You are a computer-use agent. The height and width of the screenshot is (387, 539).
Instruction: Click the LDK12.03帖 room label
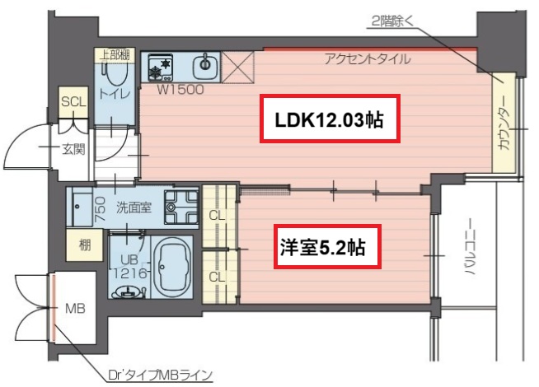tap(330, 119)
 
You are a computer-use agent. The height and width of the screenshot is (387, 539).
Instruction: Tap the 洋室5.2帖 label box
tap(326, 245)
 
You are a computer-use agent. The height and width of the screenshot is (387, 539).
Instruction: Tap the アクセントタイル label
tap(368, 58)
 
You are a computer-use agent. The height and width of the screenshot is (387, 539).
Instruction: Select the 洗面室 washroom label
tap(133, 207)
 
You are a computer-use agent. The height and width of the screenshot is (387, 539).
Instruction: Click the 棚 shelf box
tap(85, 245)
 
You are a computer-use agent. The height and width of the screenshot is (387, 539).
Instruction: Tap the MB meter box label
tap(74, 310)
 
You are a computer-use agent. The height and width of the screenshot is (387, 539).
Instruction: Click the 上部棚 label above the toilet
tap(115, 55)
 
